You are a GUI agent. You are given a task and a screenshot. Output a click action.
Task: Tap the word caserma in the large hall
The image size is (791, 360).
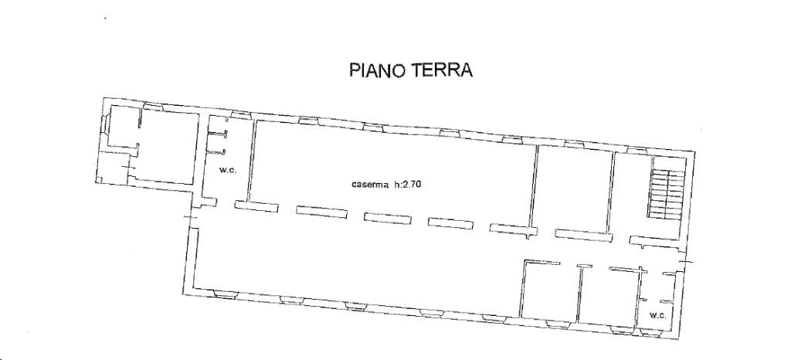coord(370,185)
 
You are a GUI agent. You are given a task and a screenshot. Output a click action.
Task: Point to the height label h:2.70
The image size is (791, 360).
coord(408,185)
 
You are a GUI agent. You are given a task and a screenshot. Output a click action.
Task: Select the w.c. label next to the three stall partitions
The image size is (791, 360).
coord(228,170)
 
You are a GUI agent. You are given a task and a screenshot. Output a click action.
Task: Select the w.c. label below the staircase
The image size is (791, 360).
coord(657,316)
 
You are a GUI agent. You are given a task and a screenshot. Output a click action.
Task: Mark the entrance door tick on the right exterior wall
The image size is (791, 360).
coord(685,262)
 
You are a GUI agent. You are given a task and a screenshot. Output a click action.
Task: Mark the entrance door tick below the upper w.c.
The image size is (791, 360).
coord(191,217)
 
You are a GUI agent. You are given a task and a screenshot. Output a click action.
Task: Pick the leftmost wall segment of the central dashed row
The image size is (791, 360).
coord(256,207)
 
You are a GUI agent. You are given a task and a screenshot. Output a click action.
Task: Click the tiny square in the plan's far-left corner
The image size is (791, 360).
coord(99,180)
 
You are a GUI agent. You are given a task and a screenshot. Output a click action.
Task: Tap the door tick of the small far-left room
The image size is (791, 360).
coord(130,166)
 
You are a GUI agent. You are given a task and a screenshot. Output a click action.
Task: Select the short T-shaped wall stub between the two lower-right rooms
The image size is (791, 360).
coord(584,267)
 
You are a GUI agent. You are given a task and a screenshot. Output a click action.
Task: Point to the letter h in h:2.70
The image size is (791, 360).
coord(396,185)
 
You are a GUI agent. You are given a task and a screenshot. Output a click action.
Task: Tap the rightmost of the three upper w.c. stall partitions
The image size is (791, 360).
coord(217,150)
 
